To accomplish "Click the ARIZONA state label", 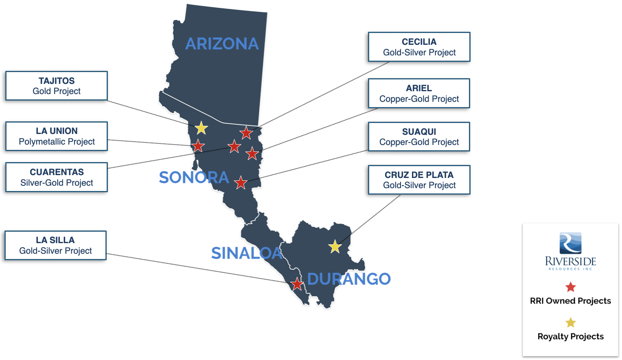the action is click(222, 44).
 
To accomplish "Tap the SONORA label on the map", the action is click(194, 178).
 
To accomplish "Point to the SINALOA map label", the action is click(247, 253).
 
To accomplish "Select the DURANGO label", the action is click(349, 279).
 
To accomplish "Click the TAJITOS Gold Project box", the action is click(57, 86).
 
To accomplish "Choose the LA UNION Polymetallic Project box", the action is click(57, 136).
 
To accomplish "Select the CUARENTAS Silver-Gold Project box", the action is click(57, 177).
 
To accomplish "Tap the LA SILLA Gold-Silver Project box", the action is click(55, 246).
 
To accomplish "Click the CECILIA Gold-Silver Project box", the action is click(419, 47).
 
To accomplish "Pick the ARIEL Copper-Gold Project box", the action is click(419, 93).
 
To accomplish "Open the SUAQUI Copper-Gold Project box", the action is click(419, 137).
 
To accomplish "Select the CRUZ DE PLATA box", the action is click(419, 180).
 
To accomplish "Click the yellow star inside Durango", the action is click(335, 246).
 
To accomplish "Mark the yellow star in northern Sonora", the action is click(201, 128).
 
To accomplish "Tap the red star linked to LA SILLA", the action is click(297, 284).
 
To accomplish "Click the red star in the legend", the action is click(571, 287).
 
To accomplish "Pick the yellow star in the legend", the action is click(571, 323).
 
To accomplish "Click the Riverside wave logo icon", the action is click(570, 243).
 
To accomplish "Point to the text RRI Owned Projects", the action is click(570, 301).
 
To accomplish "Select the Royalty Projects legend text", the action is click(570, 336).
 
